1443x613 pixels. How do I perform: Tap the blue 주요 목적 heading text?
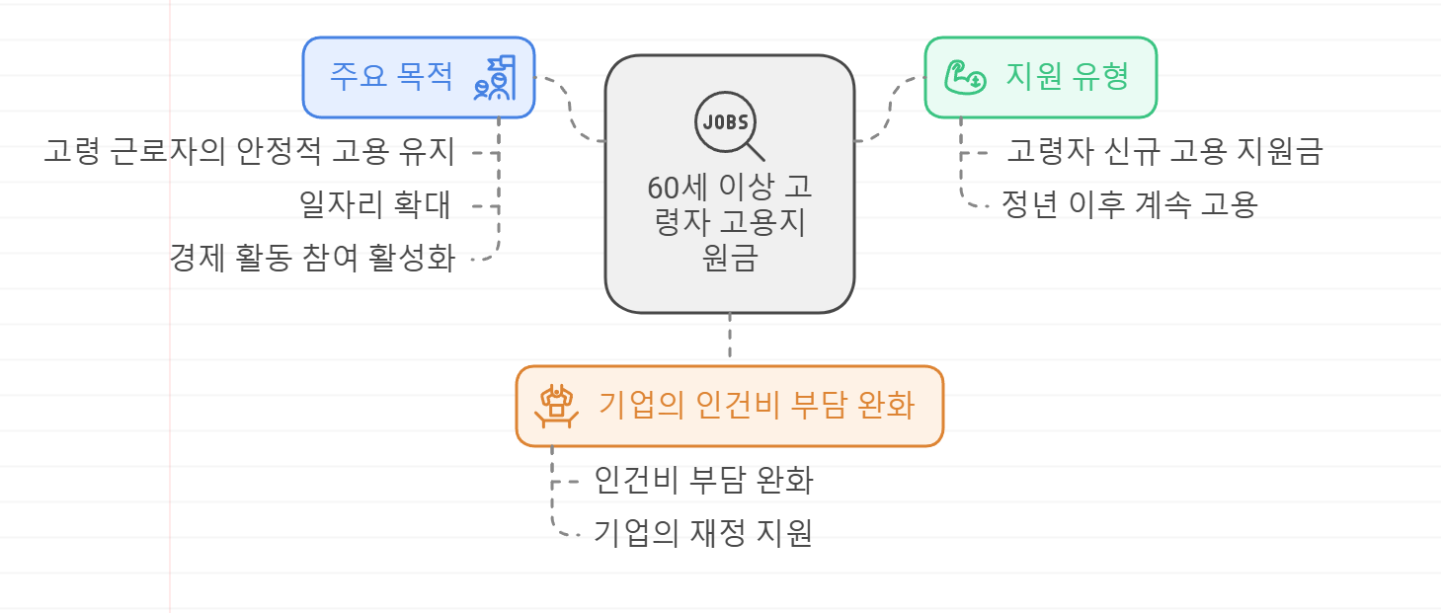coord(391,76)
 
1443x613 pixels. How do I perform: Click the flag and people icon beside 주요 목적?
coord(495,78)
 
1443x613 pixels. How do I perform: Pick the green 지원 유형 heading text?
coord(1067,76)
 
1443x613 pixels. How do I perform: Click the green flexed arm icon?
coord(963,77)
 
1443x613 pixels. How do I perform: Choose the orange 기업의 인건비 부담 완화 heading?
coord(757,406)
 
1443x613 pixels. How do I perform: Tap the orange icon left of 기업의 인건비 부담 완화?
coord(557,405)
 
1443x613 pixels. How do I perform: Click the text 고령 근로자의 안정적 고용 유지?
coord(249,152)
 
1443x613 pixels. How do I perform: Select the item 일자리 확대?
coord(375,205)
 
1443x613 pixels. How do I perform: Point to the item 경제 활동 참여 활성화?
coord(312,259)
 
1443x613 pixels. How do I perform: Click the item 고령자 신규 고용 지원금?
coord(1164,152)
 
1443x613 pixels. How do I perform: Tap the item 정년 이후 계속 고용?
coord(1129,205)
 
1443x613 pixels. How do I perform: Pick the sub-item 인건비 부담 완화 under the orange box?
coord(703,481)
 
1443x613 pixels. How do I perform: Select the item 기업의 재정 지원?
coord(703,533)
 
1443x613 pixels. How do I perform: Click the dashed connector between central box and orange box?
coord(730,339)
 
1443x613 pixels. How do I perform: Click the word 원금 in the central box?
coord(730,259)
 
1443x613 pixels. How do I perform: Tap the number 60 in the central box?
coord(660,188)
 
